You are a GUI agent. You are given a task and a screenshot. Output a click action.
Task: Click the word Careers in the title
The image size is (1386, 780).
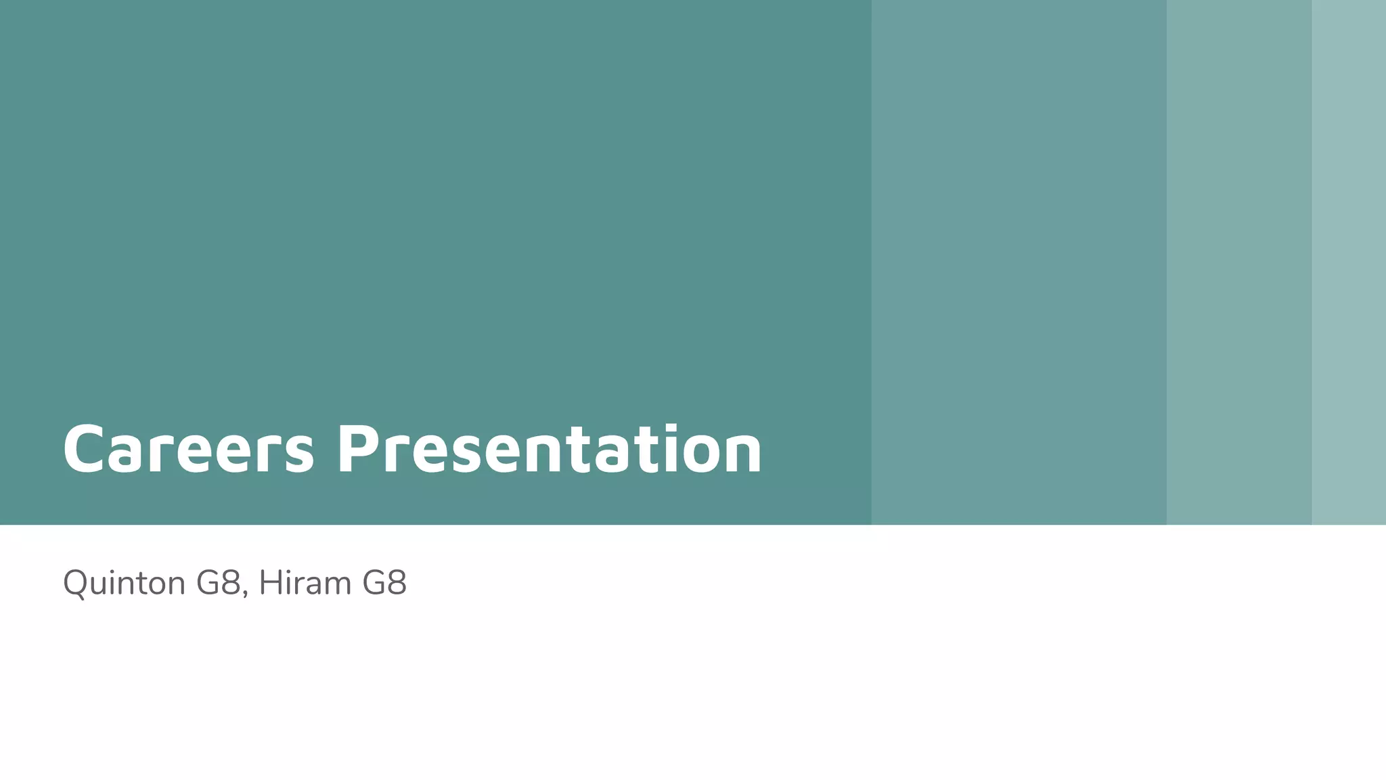(188, 449)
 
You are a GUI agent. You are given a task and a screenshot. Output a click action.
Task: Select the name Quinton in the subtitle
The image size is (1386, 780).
(124, 583)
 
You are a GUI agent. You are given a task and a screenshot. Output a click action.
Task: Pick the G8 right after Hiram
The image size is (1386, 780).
(384, 583)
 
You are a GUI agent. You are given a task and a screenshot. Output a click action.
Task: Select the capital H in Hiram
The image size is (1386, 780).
(269, 583)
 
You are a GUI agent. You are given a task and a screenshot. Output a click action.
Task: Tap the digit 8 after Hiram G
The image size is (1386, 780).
(395, 583)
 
